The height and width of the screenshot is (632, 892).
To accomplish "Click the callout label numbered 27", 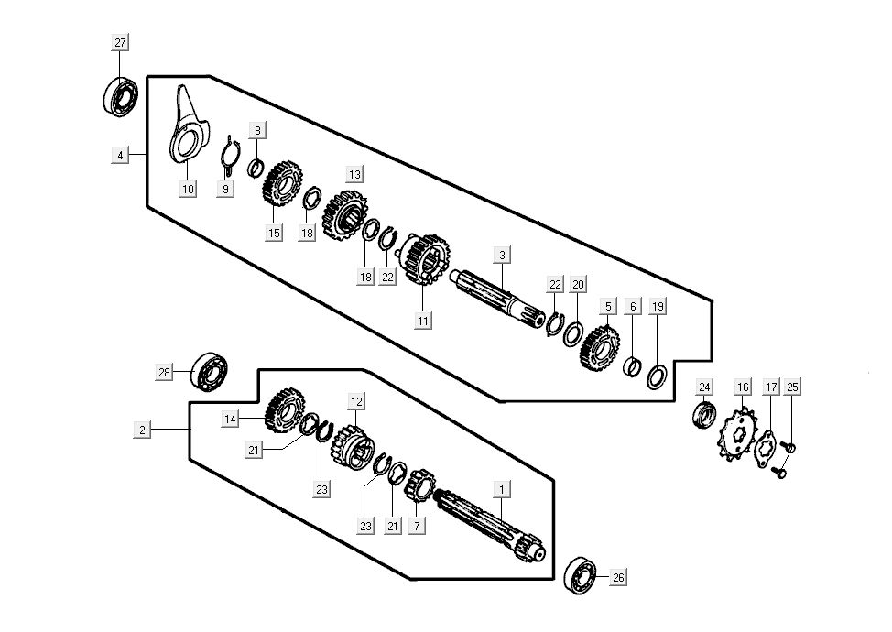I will (x=121, y=43).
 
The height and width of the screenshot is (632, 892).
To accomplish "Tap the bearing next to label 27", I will (x=120, y=96).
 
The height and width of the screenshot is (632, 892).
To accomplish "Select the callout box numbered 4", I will (x=120, y=156).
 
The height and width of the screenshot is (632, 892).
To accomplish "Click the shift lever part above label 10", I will (x=186, y=128).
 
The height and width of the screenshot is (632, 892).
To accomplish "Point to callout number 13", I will (x=354, y=174).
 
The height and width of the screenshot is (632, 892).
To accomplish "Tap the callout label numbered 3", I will (x=502, y=254).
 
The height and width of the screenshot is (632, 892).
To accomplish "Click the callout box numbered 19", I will (x=657, y=307).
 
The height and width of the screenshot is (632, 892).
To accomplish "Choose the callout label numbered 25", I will (x=792, y=387).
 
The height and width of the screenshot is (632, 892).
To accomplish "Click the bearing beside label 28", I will (x=209, y=370).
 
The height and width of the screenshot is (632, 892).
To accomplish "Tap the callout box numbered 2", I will (x=142, y=429).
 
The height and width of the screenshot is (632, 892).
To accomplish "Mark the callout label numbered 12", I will (x=357, y=401).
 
